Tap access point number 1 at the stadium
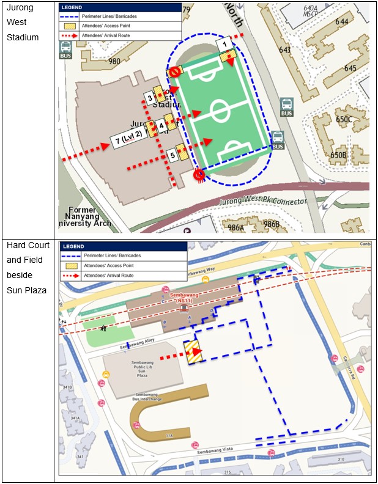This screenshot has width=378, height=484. [x=225, y=43]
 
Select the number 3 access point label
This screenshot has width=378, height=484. [x=150, y=97]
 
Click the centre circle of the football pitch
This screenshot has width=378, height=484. [x=220, y=112]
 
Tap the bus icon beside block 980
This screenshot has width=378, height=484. [x=65, y=50]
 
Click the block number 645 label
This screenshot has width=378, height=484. [x=350, y=68]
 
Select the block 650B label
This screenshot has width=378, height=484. [x=338, y=155]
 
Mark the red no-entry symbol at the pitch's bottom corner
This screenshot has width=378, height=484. [x=199, y=175]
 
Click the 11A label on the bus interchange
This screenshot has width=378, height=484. [x=169, y=435]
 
